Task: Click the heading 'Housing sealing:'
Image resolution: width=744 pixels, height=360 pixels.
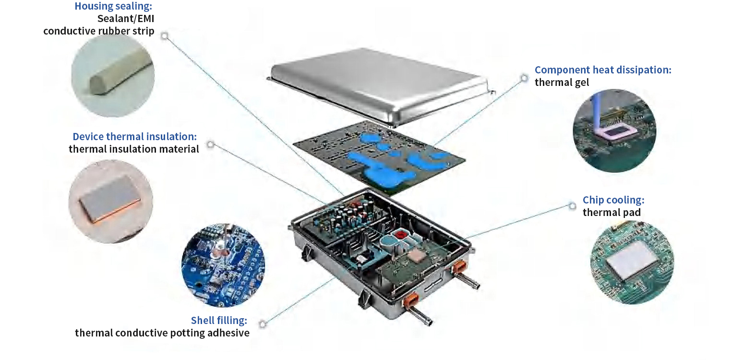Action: pyautogui.click(x=114, y=6)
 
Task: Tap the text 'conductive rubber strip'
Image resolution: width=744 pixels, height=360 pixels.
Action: pyautogui.click(x=99, y=31)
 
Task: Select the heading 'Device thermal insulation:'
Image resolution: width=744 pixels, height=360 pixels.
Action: pyautogui.click(x=134, y=136)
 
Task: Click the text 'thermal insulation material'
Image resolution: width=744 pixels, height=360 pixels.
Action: pyautogui.click(x=133, y=149)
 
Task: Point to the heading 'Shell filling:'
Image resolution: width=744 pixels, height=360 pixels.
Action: pyautogui.click(x=219, y=320)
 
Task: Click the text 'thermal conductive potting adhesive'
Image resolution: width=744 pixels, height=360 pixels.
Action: pyautogui.click(x=162, y=333)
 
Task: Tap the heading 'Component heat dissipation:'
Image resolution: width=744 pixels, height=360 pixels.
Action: pyautogui.click(x=603, y=70)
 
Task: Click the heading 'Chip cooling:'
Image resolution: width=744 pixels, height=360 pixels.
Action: pyautogui.click(x=613, y=200)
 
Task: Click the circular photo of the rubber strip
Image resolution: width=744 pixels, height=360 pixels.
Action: pyautogui.click(x=113, y=75)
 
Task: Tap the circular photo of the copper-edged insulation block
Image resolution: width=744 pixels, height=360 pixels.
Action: pyautogui.click(x=110, y=202)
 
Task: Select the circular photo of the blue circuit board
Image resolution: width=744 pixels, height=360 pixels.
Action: pyautogui.click(x=223, y=265)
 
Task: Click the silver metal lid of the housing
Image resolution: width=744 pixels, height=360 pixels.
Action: pyautogui.click(x=379, y=84)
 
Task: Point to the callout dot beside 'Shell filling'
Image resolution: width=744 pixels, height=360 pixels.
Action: pyautogui.click(x=263, y=324)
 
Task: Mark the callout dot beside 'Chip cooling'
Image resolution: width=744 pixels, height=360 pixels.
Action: pyautogui.click(x=572, y=206)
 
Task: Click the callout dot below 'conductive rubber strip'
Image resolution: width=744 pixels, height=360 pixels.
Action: pyautogui.click(x=165, y=36)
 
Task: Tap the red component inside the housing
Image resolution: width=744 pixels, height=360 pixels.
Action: pyautogui.click(x=399, y=234)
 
